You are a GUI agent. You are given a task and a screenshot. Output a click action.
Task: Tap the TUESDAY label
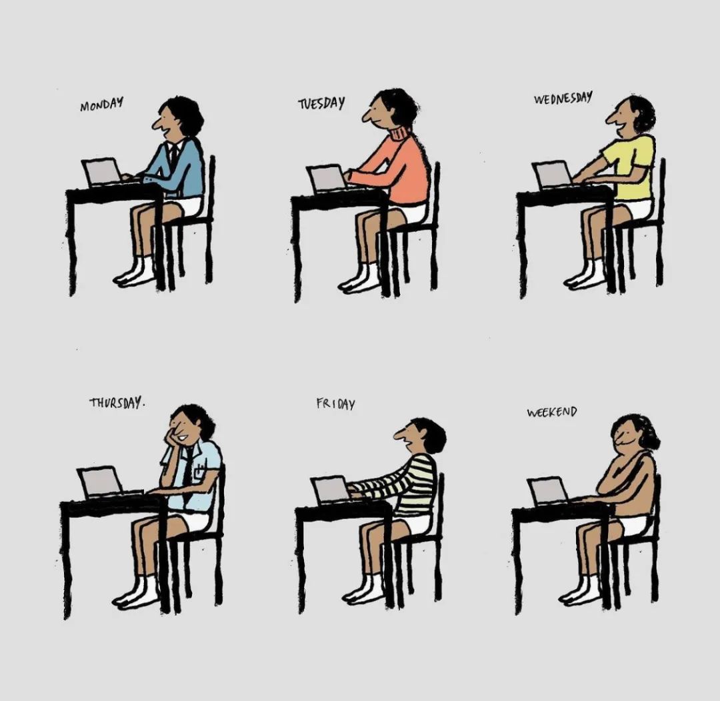(x=321, y=103)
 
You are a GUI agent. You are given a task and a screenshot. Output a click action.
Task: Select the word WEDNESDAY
(x=563, y=98)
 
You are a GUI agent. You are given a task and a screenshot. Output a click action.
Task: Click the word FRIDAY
(x=335, y=404)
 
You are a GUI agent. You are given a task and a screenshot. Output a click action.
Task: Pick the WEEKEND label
(x=551, y=412)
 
